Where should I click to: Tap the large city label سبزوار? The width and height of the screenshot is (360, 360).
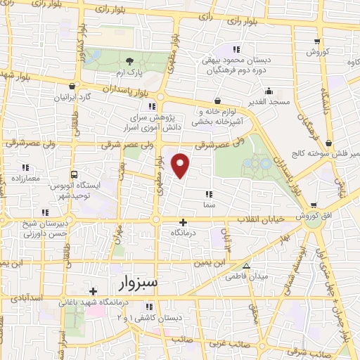[131, 283]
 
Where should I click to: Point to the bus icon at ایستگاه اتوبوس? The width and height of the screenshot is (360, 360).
[74, 174]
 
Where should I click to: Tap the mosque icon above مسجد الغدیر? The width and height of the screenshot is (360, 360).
[269, 91]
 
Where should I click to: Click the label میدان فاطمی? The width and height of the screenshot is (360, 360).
[247, 276]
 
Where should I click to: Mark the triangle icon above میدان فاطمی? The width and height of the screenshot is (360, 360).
[246, 266]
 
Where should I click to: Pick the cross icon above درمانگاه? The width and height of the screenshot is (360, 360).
[184, 221]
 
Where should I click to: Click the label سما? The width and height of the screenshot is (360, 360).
[208, 184]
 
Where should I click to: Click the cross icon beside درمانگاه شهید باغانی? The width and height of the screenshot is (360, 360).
[93, 291]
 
